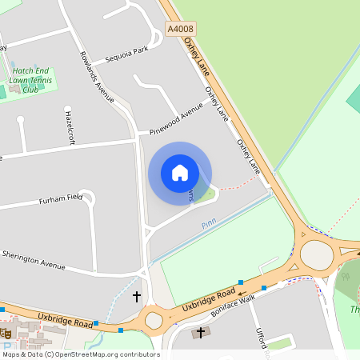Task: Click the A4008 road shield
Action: [180, 29]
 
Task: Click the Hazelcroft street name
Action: [69, 126]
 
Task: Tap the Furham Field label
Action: [61, 198]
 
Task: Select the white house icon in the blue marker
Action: [180, 173]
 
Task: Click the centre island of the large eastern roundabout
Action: [317, 256]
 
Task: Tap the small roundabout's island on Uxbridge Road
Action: [153, 322]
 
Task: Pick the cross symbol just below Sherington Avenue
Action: [136, 297]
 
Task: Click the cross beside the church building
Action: [200, 332]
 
